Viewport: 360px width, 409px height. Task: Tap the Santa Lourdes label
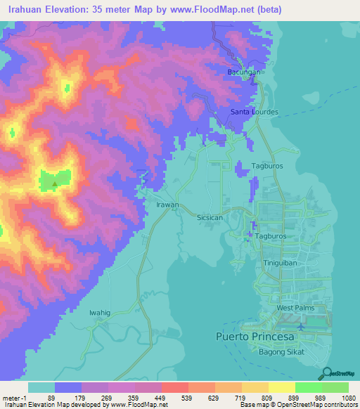[x=255, y=112]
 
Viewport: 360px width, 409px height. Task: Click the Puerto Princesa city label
[x=252, y=337]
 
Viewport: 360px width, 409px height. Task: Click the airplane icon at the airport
[x=302, y=326]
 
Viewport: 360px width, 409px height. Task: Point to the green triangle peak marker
[x=55, y=185]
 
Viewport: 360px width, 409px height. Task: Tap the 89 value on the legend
[x=51, y=397]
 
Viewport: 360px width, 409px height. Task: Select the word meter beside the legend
[x=11, y=397]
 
